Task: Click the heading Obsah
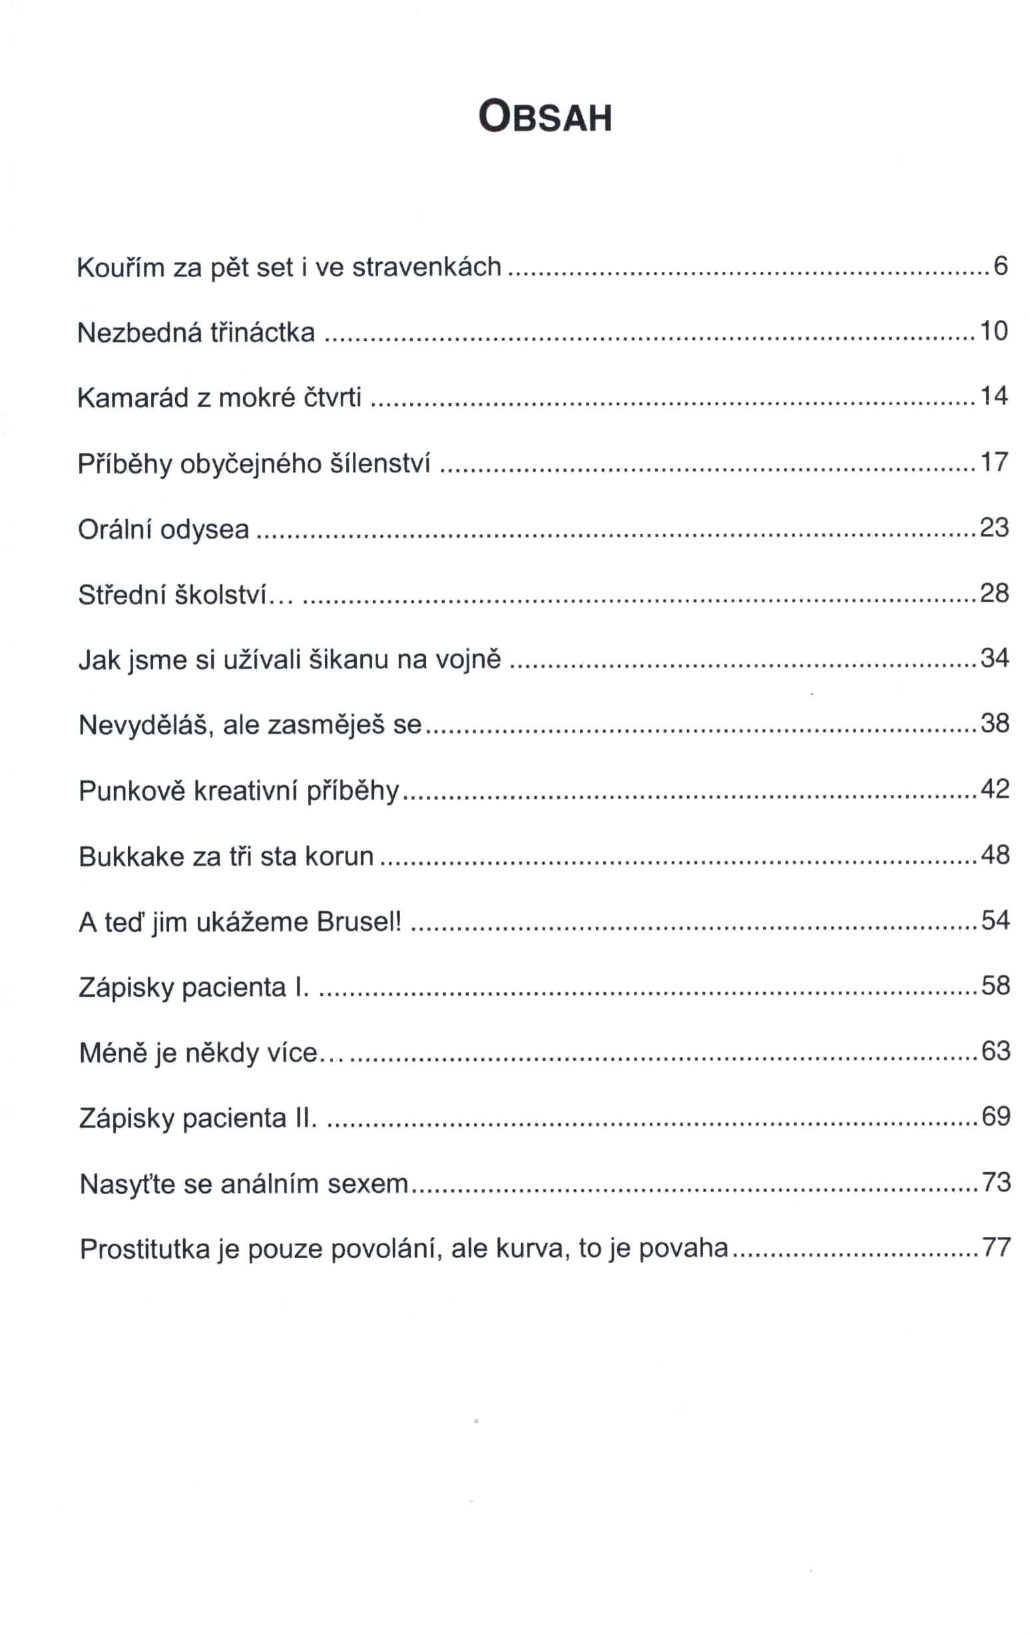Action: pyautogui.click(x=545, y=117)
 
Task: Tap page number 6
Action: pyautogui.click(x=1000, y=266)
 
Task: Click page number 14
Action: pyautogui.click(x=993, y=396)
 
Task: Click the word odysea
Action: pyautogui.click(x=204, y=530)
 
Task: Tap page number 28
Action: pyautogui.click(x=994, y=593)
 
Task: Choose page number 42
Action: pyautogui.click(x=995, y=789)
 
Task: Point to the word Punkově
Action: pyautogui.click(x=132, y=791)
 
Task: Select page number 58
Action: pyautogui.click(x=995, y=985)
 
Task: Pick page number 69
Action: pyautogui.click(x=996, y=1116)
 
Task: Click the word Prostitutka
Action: pyautogui.click(x=144, y=1249)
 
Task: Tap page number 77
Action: pyautogui.click(x=997, y=1247)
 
